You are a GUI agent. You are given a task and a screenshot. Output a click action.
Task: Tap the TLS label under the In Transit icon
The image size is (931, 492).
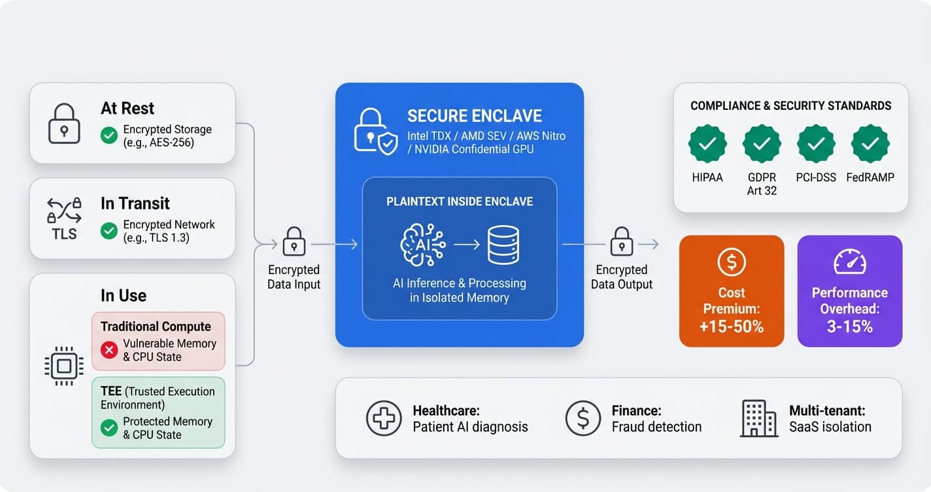point(64,234)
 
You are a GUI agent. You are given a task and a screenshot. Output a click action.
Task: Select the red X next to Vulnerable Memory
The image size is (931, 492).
point(109,350)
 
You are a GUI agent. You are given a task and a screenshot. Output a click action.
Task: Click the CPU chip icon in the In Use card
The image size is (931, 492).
point(64,366)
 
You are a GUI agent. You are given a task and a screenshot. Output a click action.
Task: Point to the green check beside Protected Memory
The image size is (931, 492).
point(109,428)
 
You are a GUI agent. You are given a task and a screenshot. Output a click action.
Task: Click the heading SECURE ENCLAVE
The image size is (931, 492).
point(474,116)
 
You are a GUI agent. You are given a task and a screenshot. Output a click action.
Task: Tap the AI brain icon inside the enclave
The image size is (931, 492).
point(422,245)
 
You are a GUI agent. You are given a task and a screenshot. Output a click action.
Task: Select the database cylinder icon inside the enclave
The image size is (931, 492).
point(503,245)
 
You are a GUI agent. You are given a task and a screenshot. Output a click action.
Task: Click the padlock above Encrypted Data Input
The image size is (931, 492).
point(294,241)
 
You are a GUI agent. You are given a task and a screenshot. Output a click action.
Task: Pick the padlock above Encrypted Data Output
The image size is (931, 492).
point(621,241)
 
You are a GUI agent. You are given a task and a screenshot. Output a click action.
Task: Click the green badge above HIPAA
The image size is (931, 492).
point(707,144)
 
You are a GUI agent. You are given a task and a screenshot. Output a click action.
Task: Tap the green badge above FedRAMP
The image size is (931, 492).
point(870,144)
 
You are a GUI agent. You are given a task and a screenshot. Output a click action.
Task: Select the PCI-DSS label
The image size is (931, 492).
point(815,177)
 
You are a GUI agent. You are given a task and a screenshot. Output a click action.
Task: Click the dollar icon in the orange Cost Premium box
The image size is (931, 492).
point(731,262)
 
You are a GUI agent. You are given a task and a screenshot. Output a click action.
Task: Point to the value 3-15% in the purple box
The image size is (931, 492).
point(849,326)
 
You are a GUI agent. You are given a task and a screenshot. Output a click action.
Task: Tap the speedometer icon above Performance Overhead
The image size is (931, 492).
point(849,262)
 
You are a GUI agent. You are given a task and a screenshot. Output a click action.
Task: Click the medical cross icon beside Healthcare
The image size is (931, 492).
point(384,419)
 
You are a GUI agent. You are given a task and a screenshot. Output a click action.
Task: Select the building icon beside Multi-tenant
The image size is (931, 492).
point(758,419)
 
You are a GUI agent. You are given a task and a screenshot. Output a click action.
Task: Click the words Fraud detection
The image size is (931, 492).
point(656,427)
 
